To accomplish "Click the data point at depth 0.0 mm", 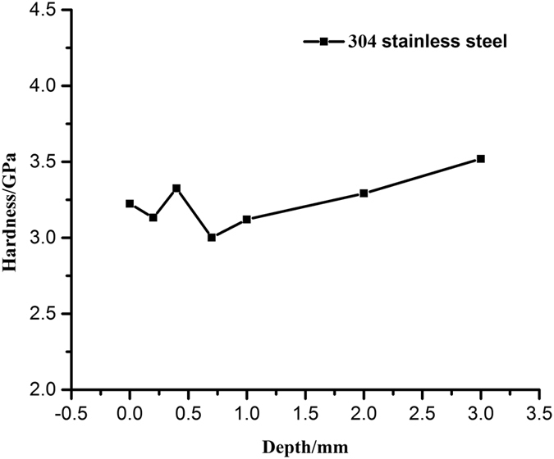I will (x=130, y=203).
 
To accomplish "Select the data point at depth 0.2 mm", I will (x=153, y=217).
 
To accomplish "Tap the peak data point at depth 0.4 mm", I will (x=176, y=188).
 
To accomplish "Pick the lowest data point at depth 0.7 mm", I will (x=212, y=237).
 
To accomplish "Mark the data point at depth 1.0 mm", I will (x=247, y=219).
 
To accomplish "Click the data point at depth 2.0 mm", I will (x=364, y=193).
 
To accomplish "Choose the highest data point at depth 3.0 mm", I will (x=481, y=158).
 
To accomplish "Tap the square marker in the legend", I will (x=324, y=41).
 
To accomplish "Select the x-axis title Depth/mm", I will (x=304, y=447).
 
